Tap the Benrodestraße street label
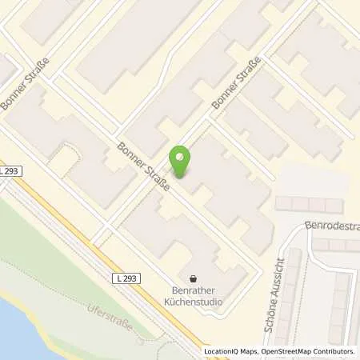332,227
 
